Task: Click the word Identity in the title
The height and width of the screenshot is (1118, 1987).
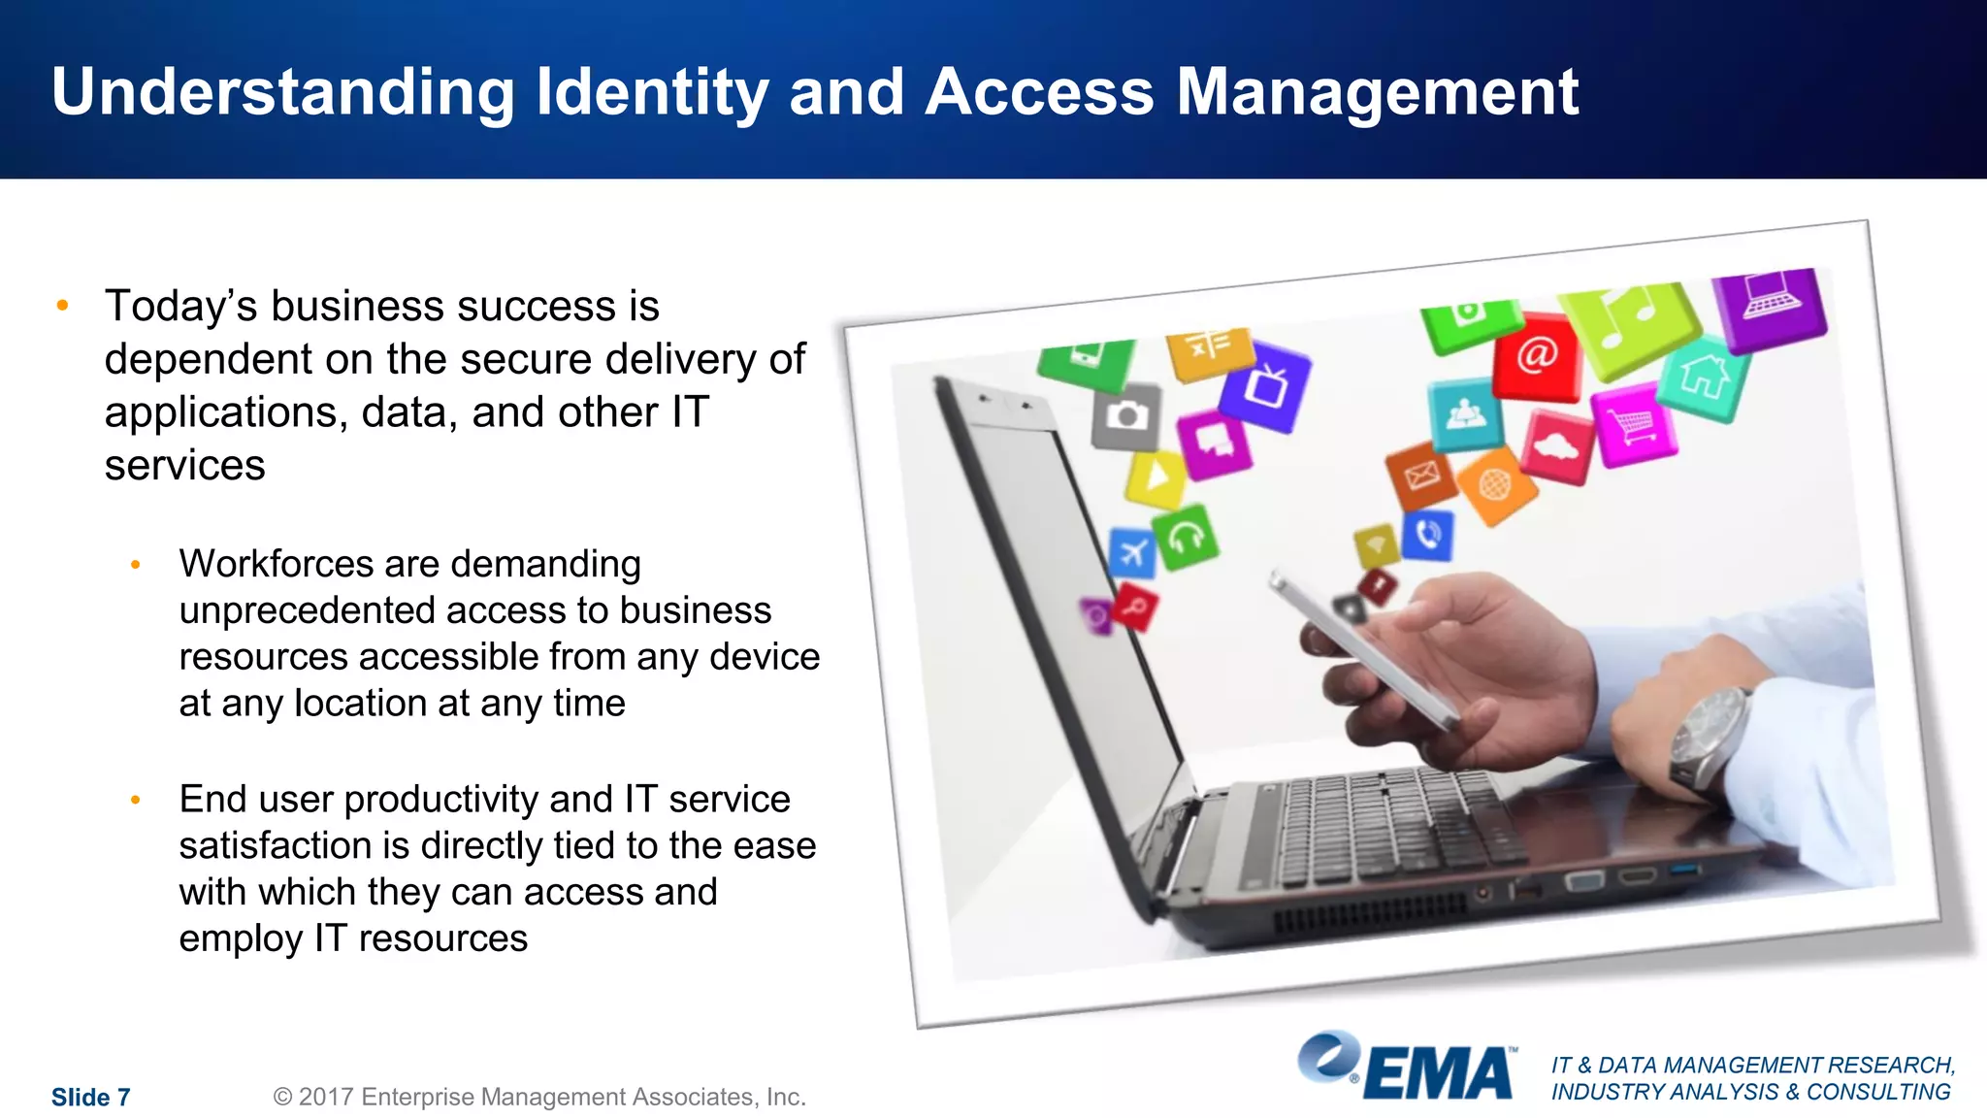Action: coord(652,93)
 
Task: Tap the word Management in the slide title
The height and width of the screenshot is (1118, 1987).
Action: coord(1378,93)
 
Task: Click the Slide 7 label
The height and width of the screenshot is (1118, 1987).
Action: coord(90,1098)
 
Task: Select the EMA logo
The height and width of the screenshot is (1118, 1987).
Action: coord(1407,1068)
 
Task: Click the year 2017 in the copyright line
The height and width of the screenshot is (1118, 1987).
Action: coord(325,1097)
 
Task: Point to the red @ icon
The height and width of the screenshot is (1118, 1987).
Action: coord(1538,356)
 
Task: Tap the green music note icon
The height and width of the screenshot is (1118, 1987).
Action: coord(1633,327)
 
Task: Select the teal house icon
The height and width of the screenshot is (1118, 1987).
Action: coord(1704,378)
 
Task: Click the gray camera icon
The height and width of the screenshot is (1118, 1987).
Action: coord(1125,416)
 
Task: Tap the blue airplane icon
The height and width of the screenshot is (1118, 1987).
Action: coord(1132,553)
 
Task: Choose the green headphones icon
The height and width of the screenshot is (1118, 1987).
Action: coord(1186,536)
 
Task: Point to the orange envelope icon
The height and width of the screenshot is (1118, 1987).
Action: coord(1421,475)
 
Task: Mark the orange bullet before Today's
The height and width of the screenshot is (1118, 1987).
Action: coord(63,306)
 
